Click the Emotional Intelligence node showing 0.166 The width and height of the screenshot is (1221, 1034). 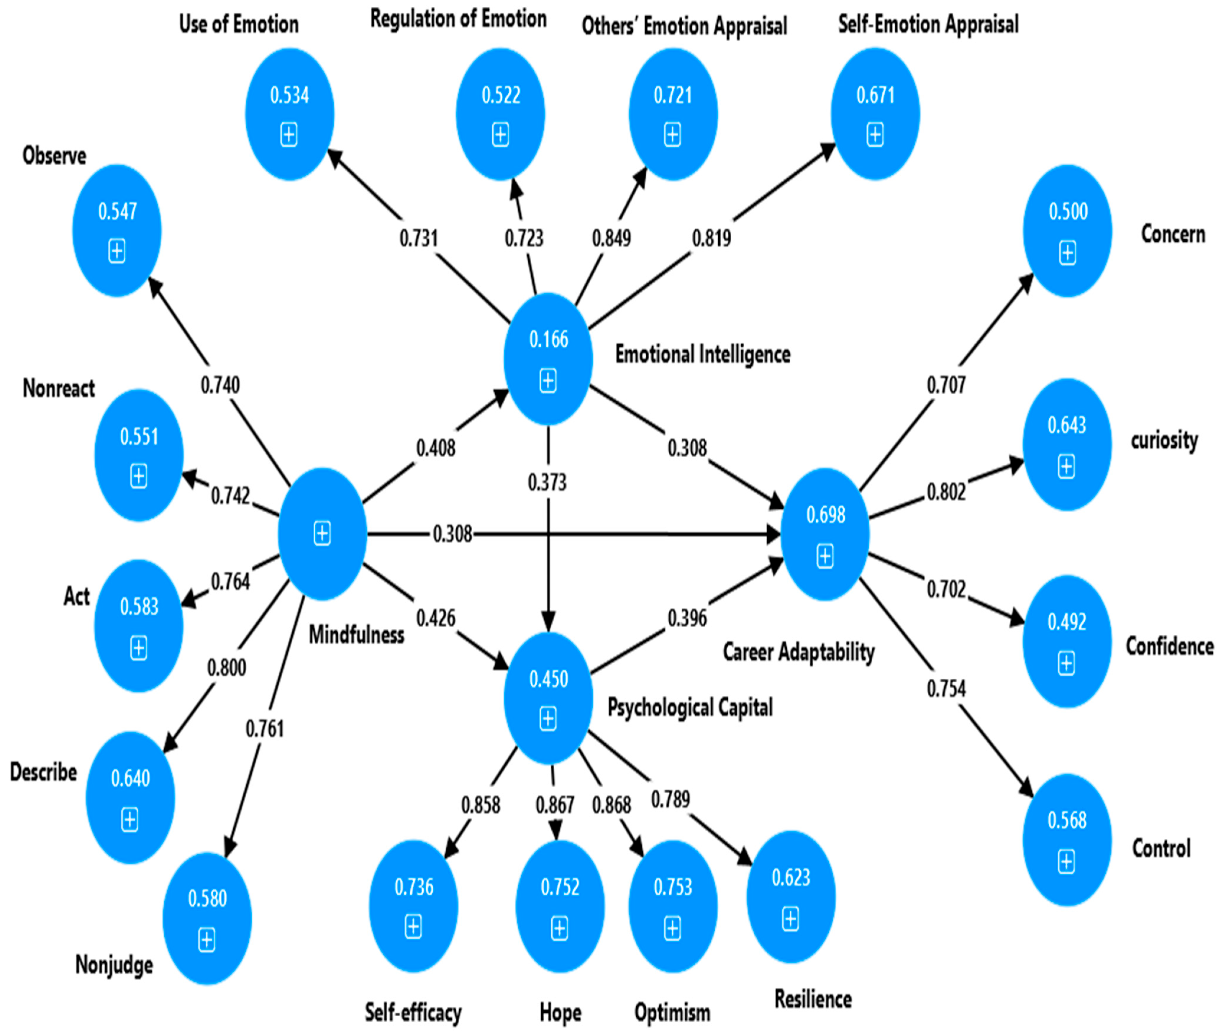(x=548, y=359)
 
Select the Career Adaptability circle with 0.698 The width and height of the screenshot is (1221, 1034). (x=825, y=534)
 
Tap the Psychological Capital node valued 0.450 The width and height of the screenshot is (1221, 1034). (x=548, y=698)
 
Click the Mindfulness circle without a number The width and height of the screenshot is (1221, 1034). (x=322, y=534)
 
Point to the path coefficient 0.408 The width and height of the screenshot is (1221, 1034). (x=435, y=449)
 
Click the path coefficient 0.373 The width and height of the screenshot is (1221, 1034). (x=547, y=482)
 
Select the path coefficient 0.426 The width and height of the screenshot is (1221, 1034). (x=435, y=618)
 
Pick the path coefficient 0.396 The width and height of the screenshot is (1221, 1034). (x=687, y=618)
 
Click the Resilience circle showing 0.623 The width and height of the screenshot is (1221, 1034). (x=791, y=897)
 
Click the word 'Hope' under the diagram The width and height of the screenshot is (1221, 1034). (x=560, y=1012)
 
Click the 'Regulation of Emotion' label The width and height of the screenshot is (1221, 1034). (x=458, y=19)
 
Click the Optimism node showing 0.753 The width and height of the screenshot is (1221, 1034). (x=673, y=907)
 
